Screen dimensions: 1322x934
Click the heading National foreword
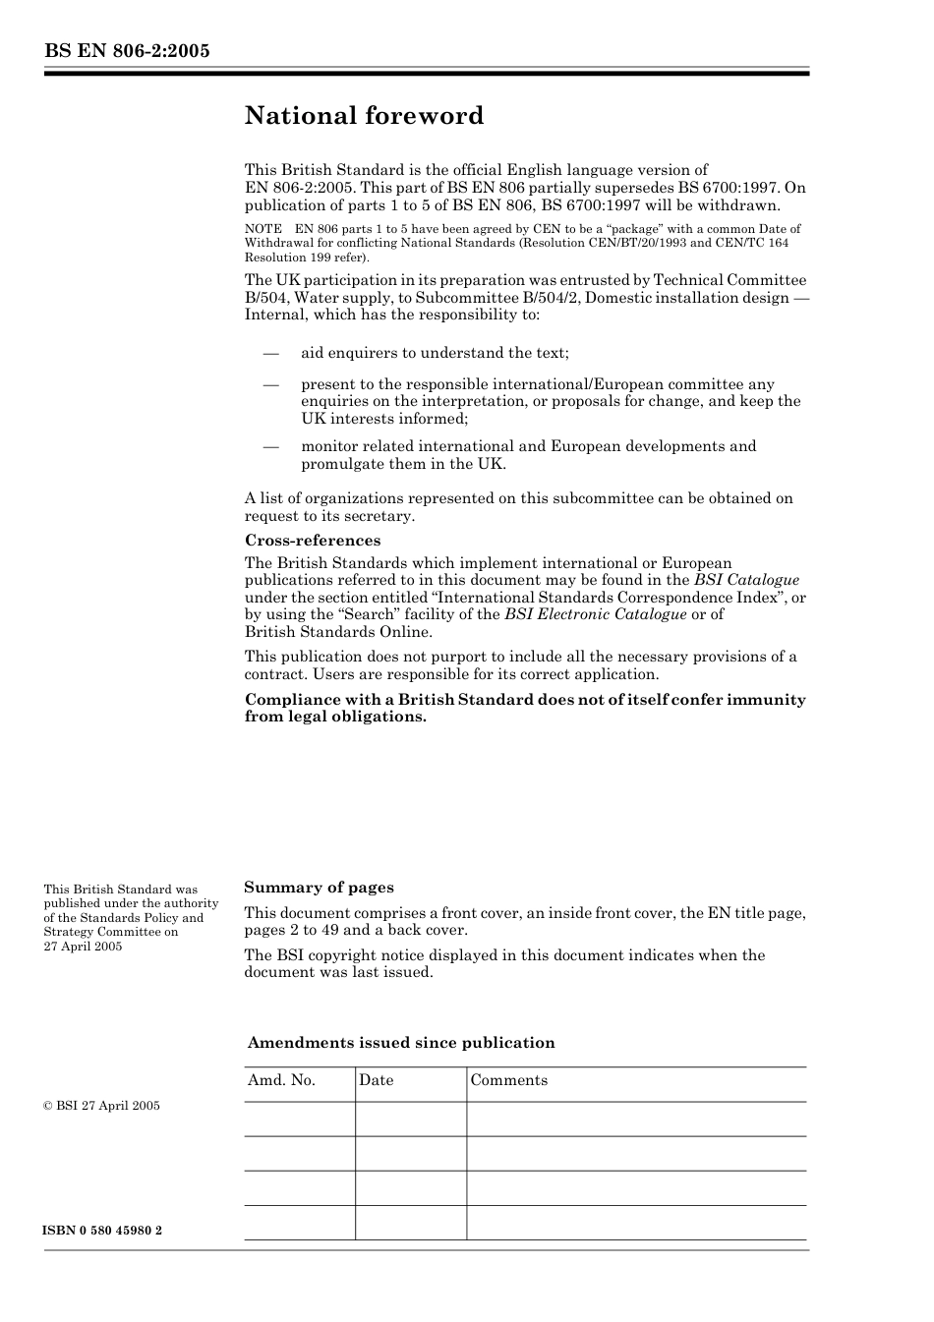tap(364, 116)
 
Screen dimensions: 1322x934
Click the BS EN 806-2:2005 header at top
tap(127, 51)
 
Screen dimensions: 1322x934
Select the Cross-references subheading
tap(312, 541)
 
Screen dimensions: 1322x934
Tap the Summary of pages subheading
tap(319, 888)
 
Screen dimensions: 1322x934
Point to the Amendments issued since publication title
tap(401, 1043)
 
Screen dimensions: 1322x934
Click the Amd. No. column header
tap(281, 1080)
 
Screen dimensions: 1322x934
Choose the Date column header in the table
tap(376, 1080)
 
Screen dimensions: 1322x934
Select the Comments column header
tap(508, 1080)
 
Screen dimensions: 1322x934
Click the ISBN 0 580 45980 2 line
tap(103, 1231)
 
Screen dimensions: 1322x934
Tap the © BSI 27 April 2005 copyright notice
tap(102, 1106)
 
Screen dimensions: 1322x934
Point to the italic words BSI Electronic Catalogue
tap(595, 614)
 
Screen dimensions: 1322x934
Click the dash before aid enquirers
tap(270, 353)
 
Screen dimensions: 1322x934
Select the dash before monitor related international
tap(270, 446)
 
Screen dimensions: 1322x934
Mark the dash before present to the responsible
tap(270, 384)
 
